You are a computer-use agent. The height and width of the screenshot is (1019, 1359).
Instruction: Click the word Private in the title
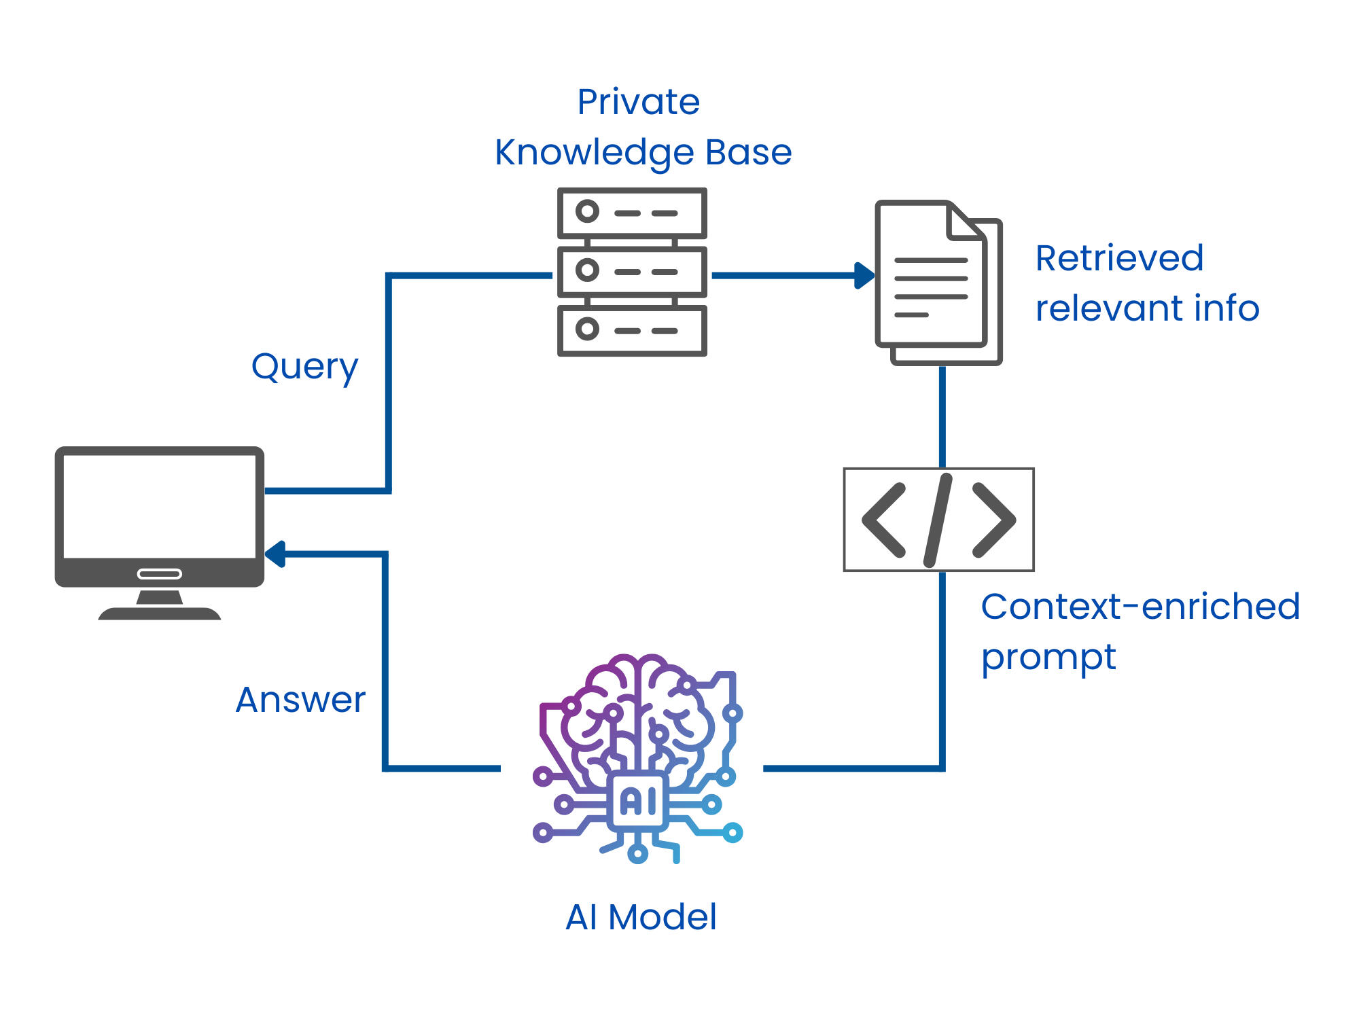638,103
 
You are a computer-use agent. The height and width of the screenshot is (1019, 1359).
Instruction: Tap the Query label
304,368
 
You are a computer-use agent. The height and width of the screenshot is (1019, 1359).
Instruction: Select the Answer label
300,700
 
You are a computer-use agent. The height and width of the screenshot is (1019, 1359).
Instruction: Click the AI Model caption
641,917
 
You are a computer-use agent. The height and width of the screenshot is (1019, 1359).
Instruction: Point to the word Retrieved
1119,258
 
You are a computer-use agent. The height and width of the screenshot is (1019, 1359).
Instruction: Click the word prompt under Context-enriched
1048,658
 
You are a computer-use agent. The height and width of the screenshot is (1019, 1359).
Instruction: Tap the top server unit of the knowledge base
632,213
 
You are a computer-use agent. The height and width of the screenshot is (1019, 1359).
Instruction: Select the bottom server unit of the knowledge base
632,331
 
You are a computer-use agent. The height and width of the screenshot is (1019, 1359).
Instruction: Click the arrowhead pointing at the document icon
864,276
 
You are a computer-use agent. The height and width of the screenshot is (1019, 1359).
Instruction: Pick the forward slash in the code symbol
938,520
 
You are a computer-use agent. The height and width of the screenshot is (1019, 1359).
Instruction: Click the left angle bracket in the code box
884,520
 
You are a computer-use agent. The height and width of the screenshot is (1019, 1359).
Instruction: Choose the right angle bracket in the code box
994,520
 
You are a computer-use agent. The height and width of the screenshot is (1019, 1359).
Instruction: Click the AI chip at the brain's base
638,802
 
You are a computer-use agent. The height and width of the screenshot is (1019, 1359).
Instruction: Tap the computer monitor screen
160,506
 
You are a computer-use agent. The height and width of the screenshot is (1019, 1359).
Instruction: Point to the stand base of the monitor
160,613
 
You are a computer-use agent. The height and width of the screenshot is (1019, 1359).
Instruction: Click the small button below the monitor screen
160,574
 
